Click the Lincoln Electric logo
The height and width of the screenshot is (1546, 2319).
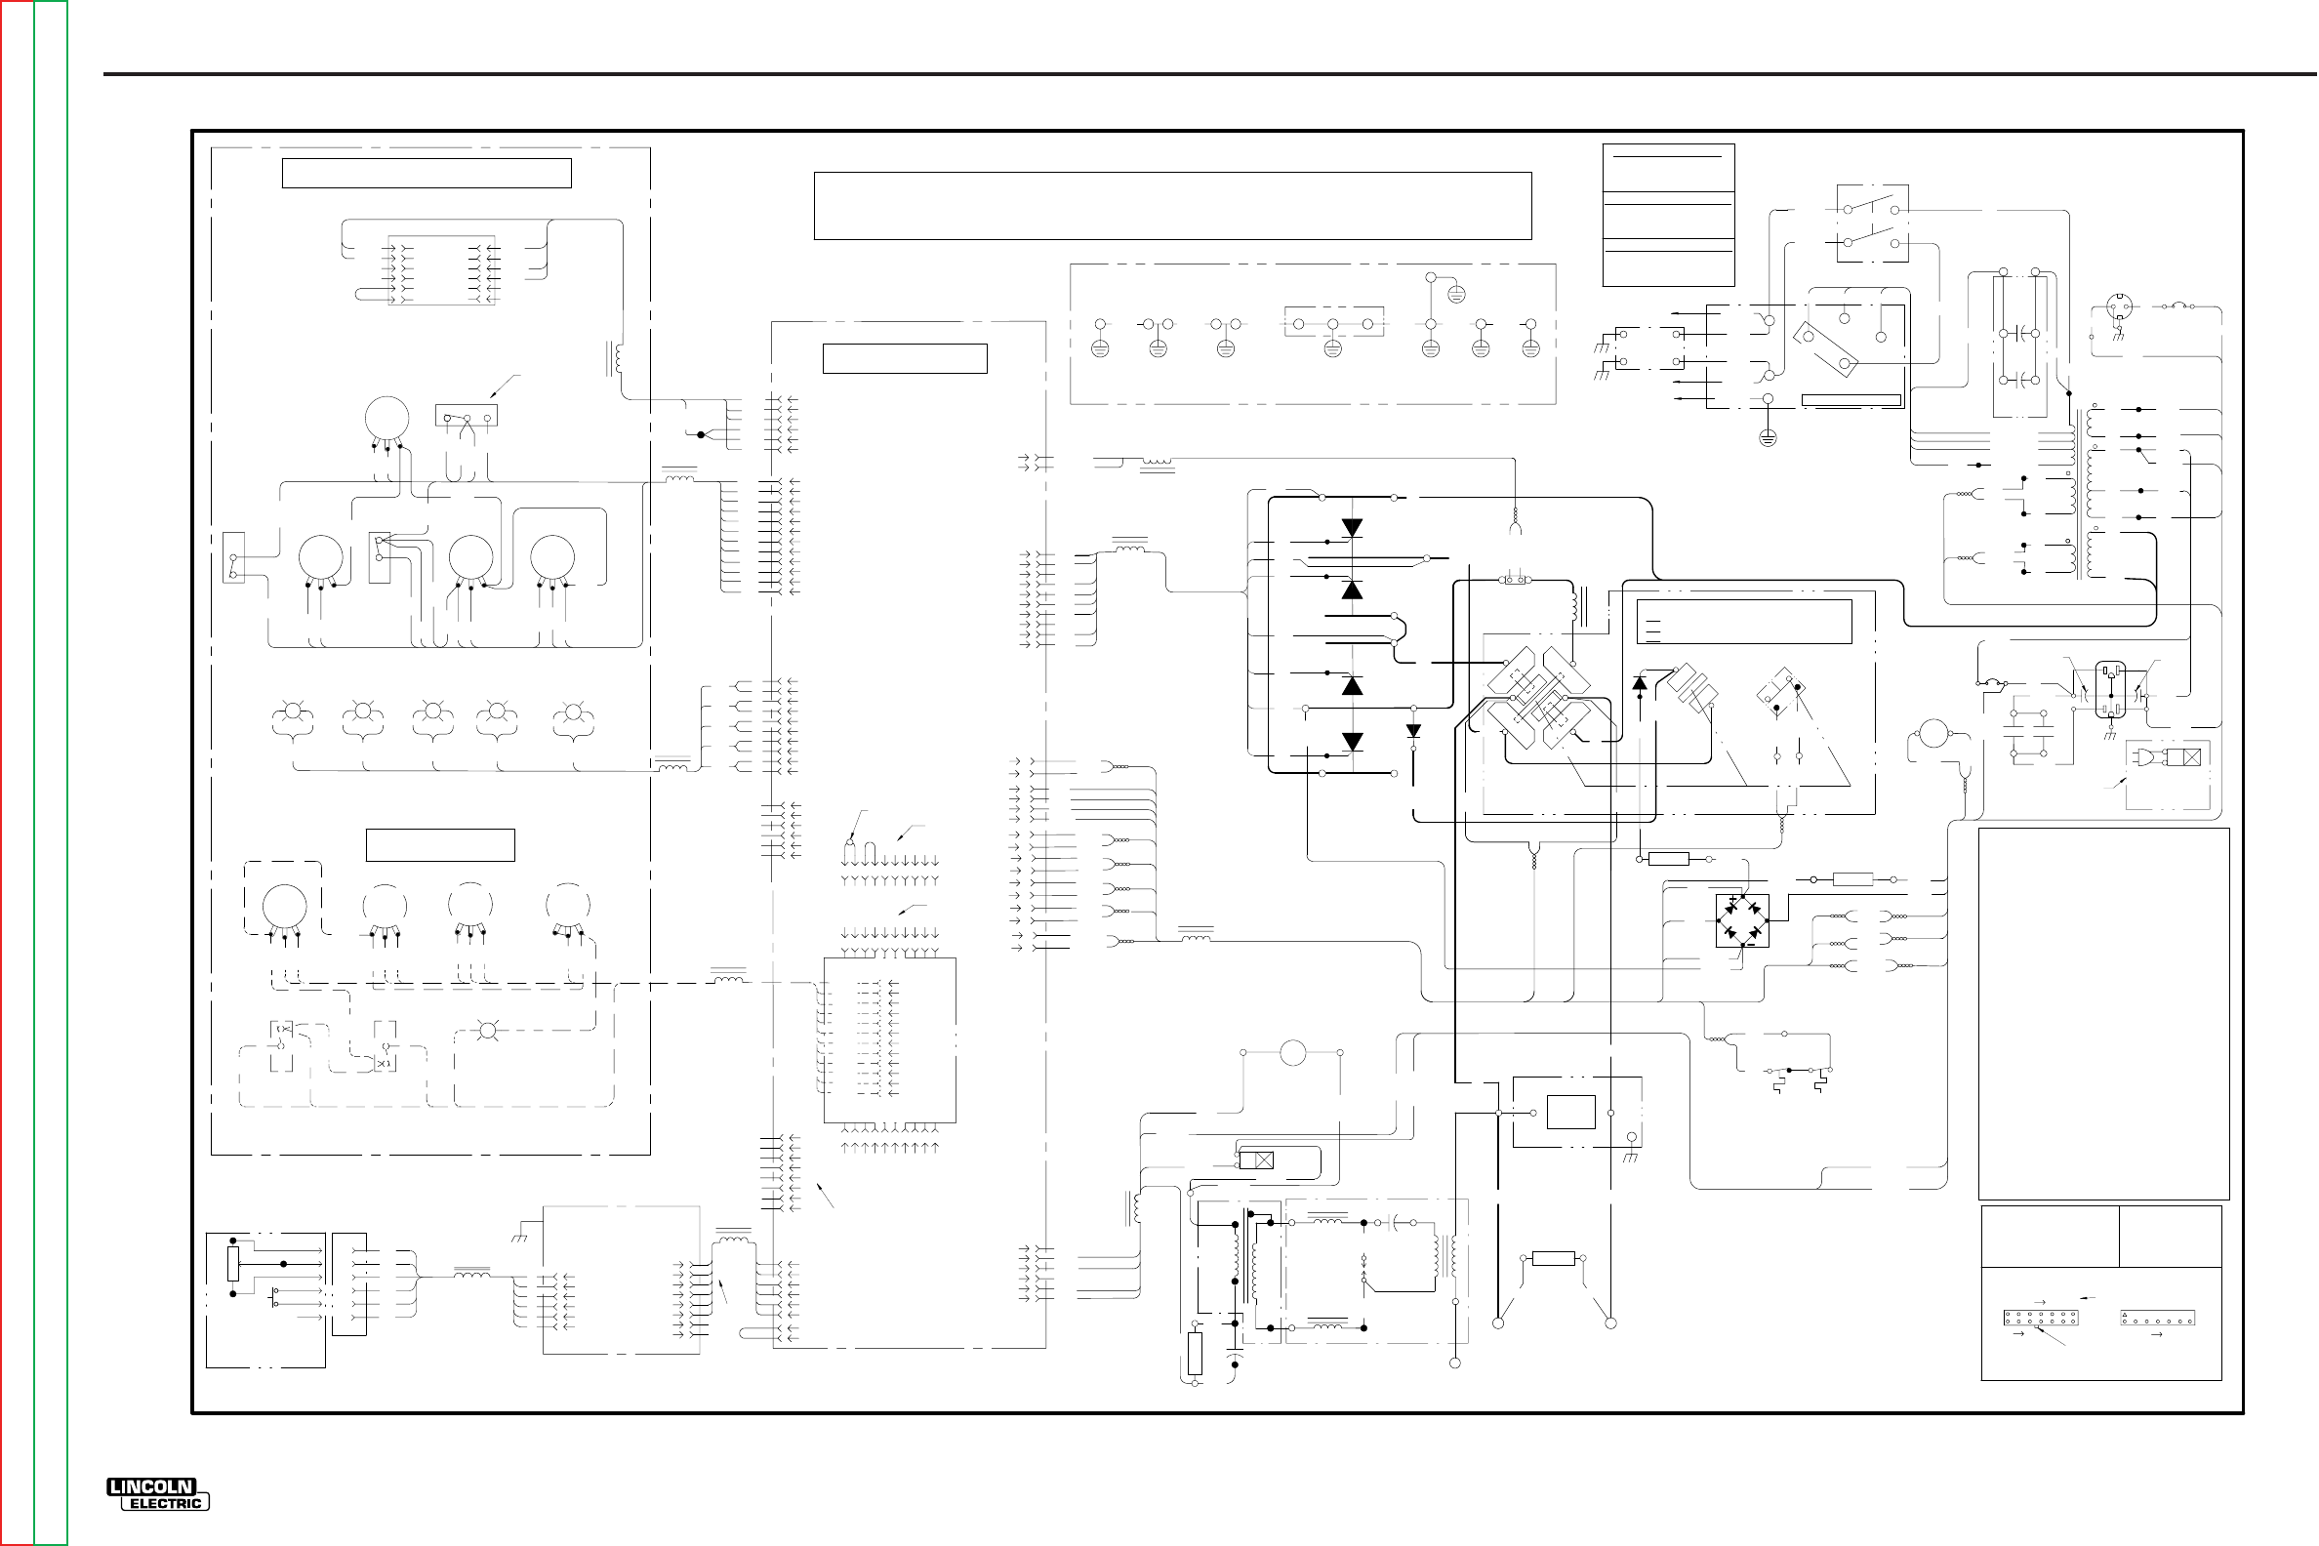[x=158, y=1493]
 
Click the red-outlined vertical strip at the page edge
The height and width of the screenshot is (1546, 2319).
[x=17, y=773]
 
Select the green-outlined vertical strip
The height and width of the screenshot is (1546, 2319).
[x=51, y=773]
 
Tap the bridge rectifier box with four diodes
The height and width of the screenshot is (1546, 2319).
[x=1741, y=920]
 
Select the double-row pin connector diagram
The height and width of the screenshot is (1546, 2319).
[x=2040, y=1318]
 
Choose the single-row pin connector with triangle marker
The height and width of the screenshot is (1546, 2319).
[x=2156, y=1319]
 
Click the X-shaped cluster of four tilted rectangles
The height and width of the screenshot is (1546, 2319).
[x=1538, y=697]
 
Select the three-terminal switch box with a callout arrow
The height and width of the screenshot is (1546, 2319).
[x=467, y=415]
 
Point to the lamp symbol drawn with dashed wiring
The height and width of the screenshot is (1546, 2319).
[x=487, y=1032]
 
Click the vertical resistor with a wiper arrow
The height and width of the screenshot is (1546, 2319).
[x=233, y=1263]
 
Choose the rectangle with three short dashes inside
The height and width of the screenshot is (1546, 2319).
[x=1743, y=622]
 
